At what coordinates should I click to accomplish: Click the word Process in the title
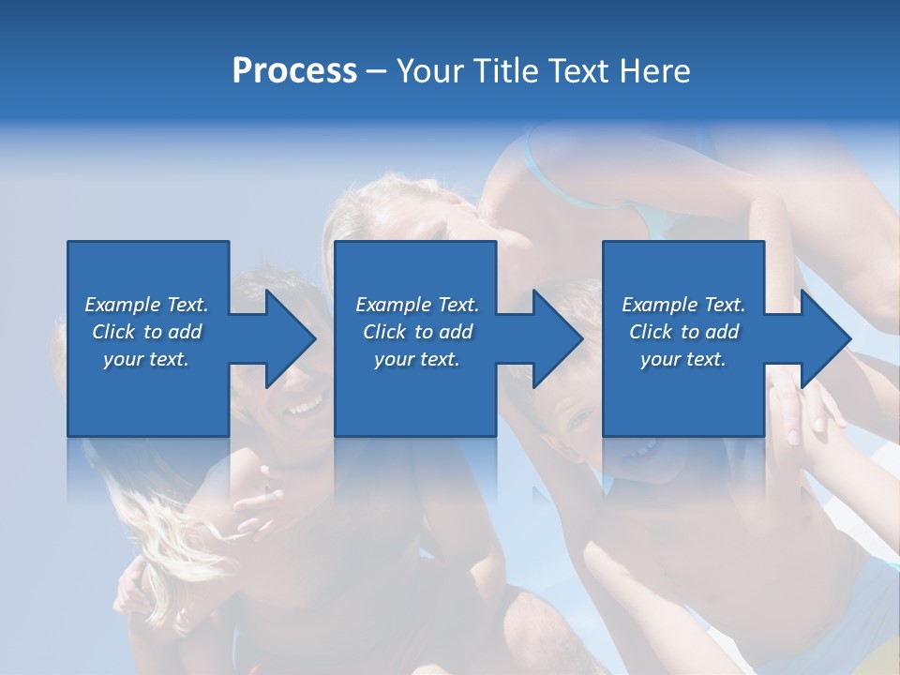294,70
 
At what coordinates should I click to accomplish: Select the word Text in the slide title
576,70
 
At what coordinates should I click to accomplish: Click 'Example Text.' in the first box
146,305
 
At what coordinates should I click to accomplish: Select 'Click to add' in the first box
146,332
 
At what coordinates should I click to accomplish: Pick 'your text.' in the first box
146,359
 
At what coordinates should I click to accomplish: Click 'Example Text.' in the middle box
416,305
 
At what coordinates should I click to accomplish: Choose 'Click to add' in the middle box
416,332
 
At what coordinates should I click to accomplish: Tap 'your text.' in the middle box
416,359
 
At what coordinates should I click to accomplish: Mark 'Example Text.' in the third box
683,305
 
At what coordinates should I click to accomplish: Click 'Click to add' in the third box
683,332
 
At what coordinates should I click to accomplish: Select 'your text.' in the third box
683,359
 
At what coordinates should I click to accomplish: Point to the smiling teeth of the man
304,406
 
